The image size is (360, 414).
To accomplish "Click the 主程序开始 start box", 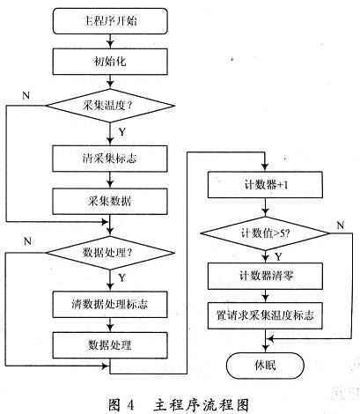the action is point(110,21).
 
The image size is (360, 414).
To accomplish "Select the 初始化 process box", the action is point(110,62).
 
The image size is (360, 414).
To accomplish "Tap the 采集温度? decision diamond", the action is point(111,106).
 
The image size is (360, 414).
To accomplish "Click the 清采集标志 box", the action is point(110,159).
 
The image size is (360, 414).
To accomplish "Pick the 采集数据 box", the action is point(110,202).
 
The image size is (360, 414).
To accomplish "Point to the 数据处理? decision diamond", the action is point(111,253).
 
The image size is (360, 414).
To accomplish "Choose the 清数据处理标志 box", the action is point(110,304).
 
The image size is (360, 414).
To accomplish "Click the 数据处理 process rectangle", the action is point(110,345).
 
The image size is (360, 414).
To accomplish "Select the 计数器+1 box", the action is point(265,185).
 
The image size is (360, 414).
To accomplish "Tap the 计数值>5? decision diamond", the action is point(265,233).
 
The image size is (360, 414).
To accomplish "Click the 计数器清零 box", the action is point(265,276).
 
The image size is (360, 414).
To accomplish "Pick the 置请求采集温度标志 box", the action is point(265,315).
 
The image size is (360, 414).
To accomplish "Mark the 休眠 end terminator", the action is point(265,366).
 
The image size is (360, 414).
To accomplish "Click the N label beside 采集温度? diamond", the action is point(26,95).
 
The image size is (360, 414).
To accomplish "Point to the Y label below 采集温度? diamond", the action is point(122,132).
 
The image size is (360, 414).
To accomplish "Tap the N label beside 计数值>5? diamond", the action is point(341,225).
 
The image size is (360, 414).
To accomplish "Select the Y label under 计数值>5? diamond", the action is point(278,257).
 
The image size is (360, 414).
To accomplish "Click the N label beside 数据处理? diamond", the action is point(27,241).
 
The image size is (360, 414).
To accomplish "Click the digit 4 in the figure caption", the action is point(130,405).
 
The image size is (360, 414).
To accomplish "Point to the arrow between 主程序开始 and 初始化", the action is point(110,41).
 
